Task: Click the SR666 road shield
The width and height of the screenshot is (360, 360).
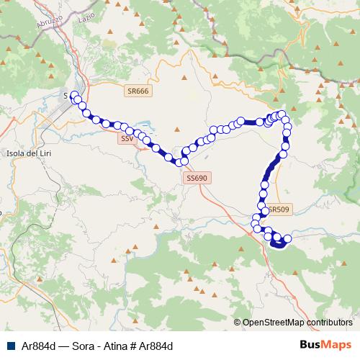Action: tap(137, 91)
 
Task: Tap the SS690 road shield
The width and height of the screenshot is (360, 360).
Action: tap(197, 177)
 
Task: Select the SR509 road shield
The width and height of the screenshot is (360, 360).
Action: tap(278, 210)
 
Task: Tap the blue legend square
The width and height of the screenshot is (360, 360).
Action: tap(9, 346)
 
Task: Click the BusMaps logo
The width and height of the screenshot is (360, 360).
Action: tap(325, 345)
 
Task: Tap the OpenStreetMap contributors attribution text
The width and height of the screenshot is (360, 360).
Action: tap(298, 323)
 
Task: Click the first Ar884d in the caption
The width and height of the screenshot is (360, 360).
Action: tap(35, 346)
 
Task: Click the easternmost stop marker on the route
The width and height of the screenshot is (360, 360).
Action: tap(287, 238)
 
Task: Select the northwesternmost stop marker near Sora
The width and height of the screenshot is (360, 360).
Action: tap(74, 95)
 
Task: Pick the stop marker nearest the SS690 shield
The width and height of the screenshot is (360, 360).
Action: tap(184, 161)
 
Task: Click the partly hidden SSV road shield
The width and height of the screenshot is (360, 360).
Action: tap(126, 138)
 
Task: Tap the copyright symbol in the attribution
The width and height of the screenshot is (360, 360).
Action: tap(237, 323)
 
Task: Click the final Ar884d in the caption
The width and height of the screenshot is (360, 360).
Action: tap(158, 346)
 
